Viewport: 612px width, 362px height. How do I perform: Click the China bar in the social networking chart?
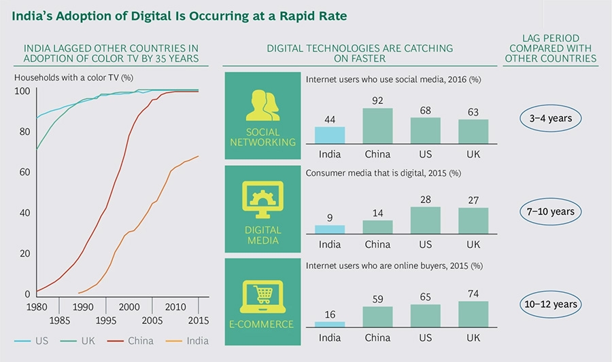377,126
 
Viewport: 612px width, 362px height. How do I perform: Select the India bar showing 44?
330,134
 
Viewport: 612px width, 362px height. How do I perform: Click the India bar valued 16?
330,324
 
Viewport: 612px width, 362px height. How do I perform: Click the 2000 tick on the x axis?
129,307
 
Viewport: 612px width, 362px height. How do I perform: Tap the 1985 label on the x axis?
60,320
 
